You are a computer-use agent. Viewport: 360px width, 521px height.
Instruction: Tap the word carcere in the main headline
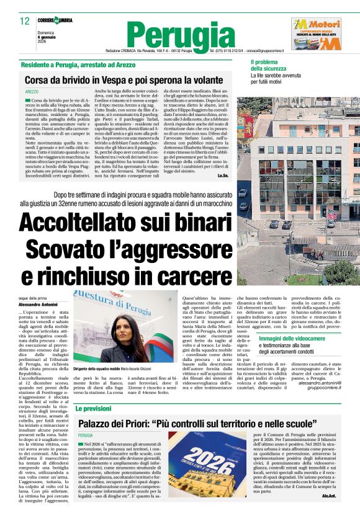(x=186, y=277)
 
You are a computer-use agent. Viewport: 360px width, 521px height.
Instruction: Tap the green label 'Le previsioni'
(x=94, y=409)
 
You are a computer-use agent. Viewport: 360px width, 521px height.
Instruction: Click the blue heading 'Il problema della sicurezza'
(x=269, y=66)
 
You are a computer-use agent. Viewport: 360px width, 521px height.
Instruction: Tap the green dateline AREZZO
(x=32, y=91)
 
